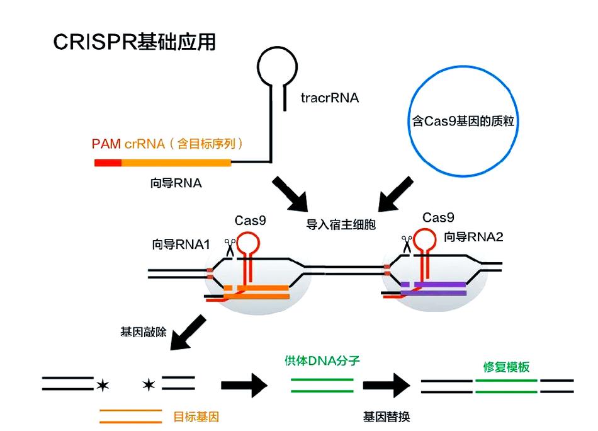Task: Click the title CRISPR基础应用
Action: (134, 42)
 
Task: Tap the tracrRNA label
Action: (330, 98)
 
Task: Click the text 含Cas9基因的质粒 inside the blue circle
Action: (463, 121)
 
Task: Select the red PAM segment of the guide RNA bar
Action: (108, 163)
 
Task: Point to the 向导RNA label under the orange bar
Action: (176, 183)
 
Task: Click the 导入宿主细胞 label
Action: (341, 224)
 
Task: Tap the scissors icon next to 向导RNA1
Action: (230, 248)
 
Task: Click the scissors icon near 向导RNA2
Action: (407, 244)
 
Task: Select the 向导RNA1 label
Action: (181, 244)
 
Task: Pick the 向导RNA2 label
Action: (473, 237)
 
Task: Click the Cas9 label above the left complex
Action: (250, 221)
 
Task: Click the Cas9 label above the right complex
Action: (438, 217)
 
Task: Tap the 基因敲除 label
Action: (144, 332)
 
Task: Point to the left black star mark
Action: (103, 385)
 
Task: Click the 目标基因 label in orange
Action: (196, 417)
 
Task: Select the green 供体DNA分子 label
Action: (322, 360)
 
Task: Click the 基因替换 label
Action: (386, 417)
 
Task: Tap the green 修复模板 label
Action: (507, 367)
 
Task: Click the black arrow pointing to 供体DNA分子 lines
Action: (244, 385)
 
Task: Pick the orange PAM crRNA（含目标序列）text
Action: (167, 144)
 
